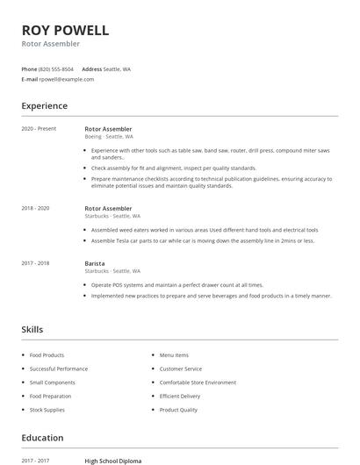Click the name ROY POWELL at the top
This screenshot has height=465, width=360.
(x=65, y=30)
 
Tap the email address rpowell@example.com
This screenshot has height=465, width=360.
(x=67, y=79)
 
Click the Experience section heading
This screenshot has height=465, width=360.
(x=44, y=106)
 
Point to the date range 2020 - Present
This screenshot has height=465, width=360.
(x=39, y=129)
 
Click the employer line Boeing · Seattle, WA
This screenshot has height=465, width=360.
(x=109, y=137)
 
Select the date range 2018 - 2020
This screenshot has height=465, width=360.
(x=35, y=208)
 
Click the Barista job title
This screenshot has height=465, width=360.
(x=94, y=263)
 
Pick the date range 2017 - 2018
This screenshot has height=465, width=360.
(x=35, y=263)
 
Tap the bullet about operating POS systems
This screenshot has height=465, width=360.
(x=176, y=285)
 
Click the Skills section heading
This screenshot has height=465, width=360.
(x=32, y=330)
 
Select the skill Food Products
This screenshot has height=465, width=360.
(x=47, y=355)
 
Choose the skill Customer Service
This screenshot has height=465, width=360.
(x=180, y=369)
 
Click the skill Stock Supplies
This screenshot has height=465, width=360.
(x=47, y=410)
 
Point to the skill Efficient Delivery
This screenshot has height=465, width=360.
(x=179, y=397)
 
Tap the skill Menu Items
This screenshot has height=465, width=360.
(x=174, y=355)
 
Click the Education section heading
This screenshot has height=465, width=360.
(x=42, y=438)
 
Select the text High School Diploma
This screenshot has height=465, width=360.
(x=114, y=461)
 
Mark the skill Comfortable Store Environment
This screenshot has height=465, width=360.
(x=198, y=383)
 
